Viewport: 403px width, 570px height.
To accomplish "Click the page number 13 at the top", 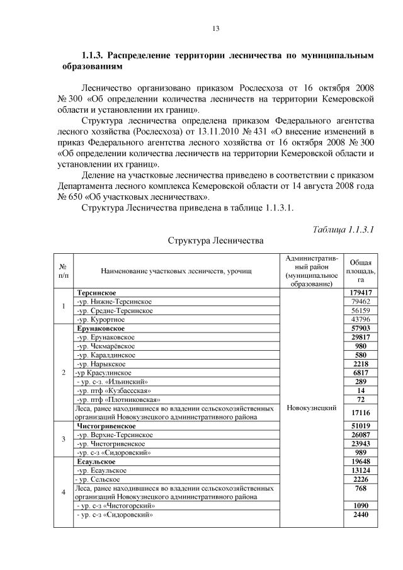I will pos(215,28).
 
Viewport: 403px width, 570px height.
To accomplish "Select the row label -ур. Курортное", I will pos(100,319).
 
